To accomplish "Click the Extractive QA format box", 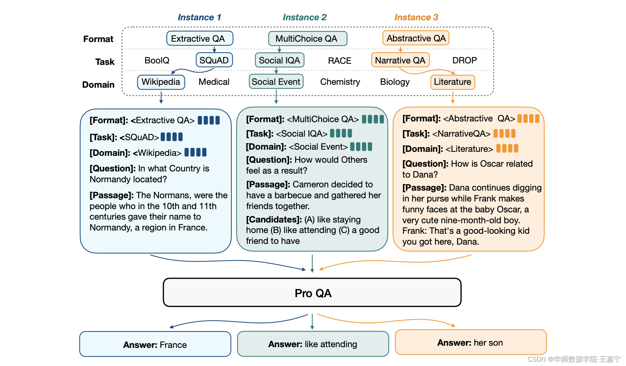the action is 199,38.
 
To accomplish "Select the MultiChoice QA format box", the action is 308,38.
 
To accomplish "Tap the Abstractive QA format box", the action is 416,38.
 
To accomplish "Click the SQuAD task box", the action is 214,60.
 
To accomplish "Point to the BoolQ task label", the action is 157,61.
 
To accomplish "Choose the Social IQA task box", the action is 279,60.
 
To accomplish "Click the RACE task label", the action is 339,61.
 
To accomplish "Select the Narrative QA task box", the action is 400,60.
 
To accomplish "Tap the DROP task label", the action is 464,61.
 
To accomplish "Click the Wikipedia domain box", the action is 161,82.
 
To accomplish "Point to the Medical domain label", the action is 214,82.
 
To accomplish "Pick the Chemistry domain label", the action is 340,82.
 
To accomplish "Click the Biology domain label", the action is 395,82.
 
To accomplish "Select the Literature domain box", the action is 452,82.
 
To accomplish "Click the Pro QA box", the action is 312,292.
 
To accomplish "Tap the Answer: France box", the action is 155,344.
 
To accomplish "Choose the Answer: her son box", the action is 470,342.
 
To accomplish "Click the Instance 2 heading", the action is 305,17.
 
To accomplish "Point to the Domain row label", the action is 98,85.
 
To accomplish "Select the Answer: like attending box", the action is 313,344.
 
